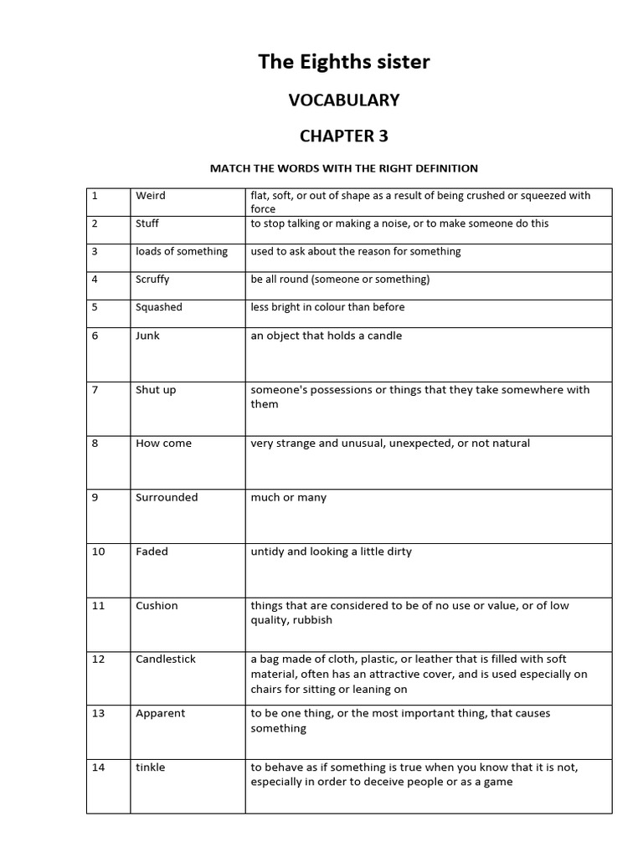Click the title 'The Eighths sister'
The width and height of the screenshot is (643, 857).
[344, 61]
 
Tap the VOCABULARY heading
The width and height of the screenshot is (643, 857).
[344, 100]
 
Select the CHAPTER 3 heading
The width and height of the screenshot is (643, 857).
[344, 136]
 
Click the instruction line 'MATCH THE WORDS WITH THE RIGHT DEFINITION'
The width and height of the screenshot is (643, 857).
[343, 168]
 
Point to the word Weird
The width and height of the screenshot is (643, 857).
[151, 196]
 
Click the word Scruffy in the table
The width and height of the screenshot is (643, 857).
[153, 280]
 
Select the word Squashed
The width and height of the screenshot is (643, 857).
[159, 307]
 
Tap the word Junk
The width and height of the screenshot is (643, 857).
[147, 336]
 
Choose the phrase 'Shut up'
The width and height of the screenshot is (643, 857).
[156, 390]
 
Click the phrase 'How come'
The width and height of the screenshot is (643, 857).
[163, 444]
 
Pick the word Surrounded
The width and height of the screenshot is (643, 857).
[167, 497]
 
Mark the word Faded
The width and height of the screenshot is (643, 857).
[152, 552]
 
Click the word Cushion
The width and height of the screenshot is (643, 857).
[157, 606]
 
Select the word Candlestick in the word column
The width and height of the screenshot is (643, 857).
[166, 659]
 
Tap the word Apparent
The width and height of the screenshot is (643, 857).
[161, 714]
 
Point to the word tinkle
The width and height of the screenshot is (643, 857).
[151, 767]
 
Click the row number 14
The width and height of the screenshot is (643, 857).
[99, 767]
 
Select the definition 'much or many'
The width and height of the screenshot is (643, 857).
[289, 498]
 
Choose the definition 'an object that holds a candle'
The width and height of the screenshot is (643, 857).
[327, 336]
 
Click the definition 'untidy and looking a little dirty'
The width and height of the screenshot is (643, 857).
[332, 552]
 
